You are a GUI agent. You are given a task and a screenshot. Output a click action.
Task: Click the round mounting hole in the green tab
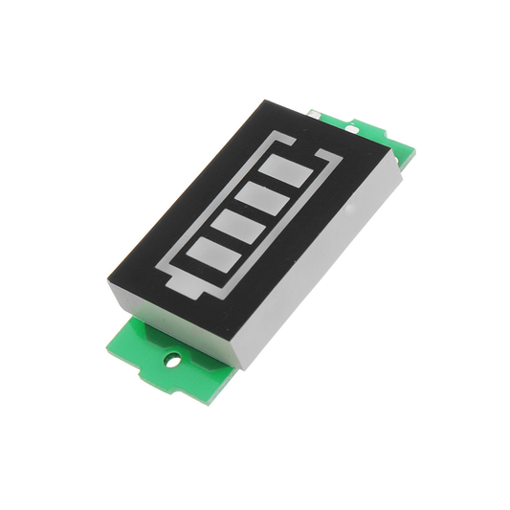tap(172, 361)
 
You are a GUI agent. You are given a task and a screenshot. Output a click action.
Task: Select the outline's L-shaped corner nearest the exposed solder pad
tap(335, 157)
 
